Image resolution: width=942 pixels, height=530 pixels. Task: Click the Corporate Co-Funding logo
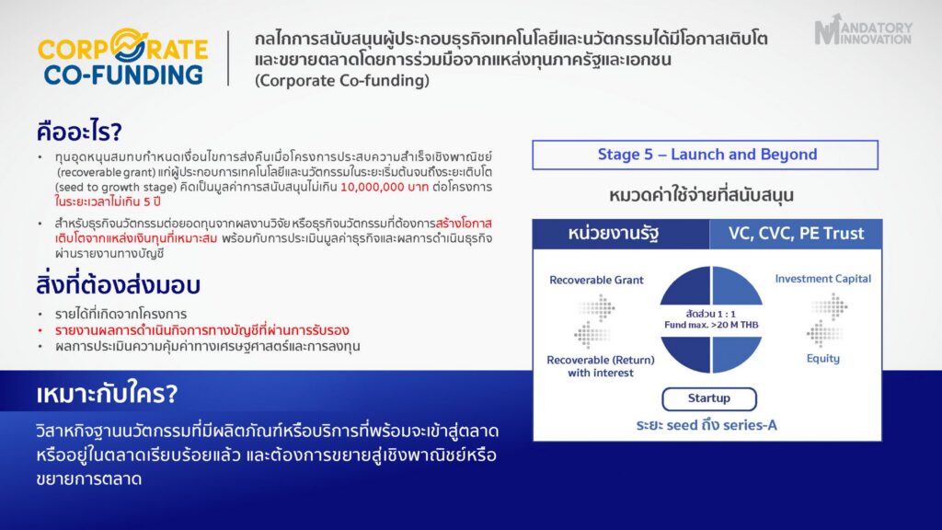coord(122,57)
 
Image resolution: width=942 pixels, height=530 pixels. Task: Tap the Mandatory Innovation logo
coord(863,30)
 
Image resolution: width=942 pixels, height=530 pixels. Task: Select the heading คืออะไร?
coord(79,131)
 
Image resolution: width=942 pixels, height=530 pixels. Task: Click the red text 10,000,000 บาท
coord(385,187)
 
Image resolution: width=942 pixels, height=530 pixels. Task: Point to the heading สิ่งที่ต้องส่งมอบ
coord(118,285)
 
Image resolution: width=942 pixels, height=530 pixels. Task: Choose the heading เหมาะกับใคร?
coord(107,394)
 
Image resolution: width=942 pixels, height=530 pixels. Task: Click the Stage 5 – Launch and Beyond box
coord(706,155)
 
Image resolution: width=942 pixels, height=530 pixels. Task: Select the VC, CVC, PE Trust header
coord(796,234)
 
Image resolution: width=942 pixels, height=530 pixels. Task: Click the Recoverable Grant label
coord(596,280)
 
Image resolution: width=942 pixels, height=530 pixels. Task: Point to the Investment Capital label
coord(822,279)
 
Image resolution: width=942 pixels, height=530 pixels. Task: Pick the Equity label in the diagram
coord(823,359)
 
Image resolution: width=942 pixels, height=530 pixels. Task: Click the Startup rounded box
coord(709,398)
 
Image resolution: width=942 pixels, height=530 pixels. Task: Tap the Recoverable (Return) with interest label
coord(601,366)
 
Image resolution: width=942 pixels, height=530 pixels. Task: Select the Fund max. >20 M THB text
coord(711,325)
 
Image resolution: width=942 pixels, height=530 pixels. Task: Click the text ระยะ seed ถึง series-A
coord(706,425)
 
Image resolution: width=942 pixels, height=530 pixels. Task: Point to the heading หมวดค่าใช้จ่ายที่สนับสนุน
coord(701,195)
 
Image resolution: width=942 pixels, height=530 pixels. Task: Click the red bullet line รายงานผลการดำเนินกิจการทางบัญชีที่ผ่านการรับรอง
coord(201,330)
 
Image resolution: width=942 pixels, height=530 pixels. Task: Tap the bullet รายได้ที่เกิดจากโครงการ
coord(121,314)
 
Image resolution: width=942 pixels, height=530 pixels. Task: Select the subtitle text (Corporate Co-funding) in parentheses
coord(342,81)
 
